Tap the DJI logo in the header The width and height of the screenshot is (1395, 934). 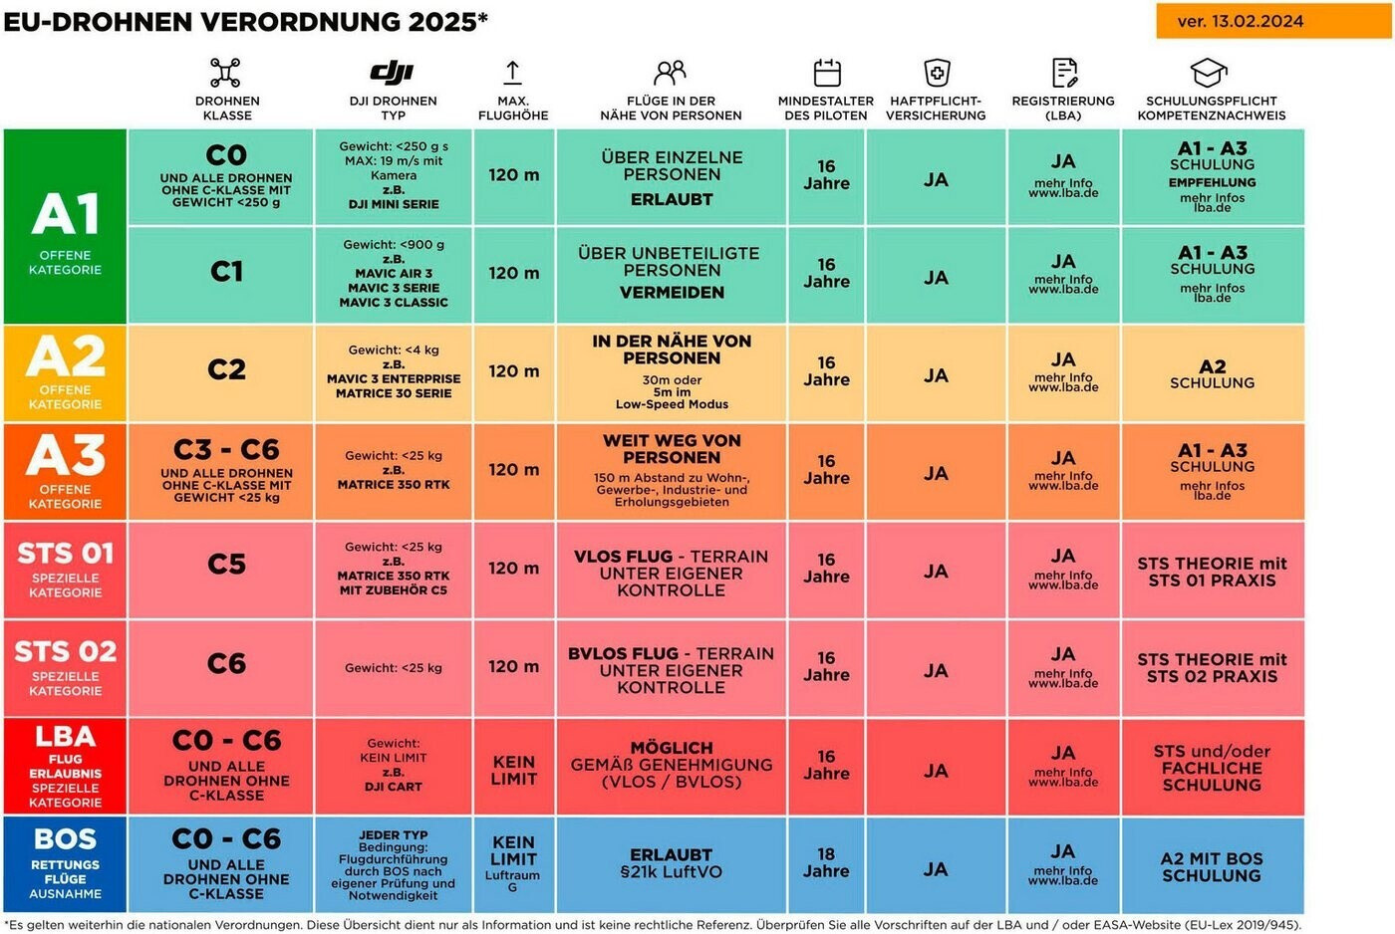click(x=393, y=72)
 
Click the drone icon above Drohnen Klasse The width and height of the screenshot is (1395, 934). click(x=226, y=73)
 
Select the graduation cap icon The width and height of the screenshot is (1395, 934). click(x=1210, y=73)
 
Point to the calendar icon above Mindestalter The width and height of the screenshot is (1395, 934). click(x=827, y=73)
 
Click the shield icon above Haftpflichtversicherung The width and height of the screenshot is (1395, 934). click(x=937, y=73)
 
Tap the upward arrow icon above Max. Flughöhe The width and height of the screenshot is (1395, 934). click(x=512, y=72)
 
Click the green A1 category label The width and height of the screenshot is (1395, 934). click(x=65, y=226)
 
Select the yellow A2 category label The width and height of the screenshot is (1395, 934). click(x=65, y=372)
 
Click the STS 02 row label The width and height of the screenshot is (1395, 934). click(x=65, y=667)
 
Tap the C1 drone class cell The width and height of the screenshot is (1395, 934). click(x=226, y=272)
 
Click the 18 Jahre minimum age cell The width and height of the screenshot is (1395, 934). click(x=826, y=863)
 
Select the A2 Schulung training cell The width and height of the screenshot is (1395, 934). click(x=1212, y=374)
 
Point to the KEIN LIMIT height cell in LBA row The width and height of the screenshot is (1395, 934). click(x=513, y=770)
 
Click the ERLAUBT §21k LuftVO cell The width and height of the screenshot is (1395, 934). click(x=671, y=863)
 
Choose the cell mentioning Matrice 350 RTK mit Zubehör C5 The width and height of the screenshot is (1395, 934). click(x=393, y=569)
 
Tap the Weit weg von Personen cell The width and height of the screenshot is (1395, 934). click(x=671, y=470)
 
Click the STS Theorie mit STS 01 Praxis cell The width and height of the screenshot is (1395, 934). click(x=1212, y=572)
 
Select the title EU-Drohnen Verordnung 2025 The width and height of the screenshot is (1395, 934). click(x=245, y=22)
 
